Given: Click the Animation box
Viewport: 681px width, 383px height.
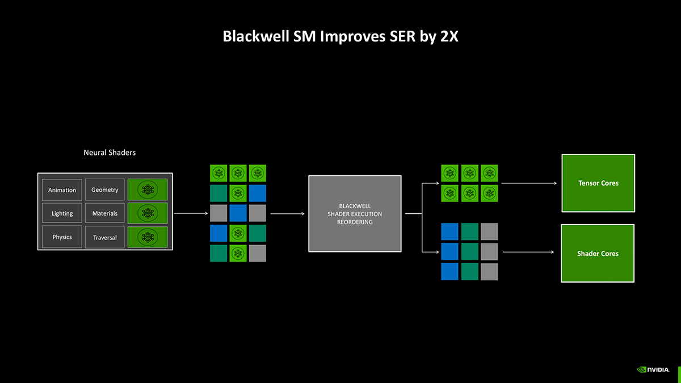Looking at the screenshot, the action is (62, 190).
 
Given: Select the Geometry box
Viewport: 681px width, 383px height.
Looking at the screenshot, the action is (105, 190).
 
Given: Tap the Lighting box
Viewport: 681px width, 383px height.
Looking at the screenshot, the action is (62, 213).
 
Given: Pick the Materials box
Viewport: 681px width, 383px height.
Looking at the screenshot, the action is (105, 213).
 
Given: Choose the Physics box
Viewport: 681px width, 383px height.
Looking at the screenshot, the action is (62, 237).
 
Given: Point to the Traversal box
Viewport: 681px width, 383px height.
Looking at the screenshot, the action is (105, 237).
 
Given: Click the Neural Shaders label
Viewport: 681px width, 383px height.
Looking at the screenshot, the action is (110, 152).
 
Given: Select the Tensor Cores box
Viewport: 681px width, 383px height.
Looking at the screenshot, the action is (598, 183).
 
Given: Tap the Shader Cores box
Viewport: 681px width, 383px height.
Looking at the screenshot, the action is (598, 253).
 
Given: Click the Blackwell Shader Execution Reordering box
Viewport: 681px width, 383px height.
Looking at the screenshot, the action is (355, 214).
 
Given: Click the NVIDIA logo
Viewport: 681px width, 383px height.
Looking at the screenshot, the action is (653, 369).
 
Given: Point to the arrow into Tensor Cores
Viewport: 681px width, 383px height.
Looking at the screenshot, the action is (529, 183).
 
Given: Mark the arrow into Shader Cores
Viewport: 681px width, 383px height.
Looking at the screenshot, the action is (528, 252).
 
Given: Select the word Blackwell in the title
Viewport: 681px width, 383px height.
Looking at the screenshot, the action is (256, 36).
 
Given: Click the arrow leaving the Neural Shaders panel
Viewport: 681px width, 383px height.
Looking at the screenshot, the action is (191, 213).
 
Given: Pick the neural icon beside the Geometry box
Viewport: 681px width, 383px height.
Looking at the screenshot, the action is (148, 190).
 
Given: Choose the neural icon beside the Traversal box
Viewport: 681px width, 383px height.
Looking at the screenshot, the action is (148, 237).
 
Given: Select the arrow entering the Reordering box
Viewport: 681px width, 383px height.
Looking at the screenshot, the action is (288, 214).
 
